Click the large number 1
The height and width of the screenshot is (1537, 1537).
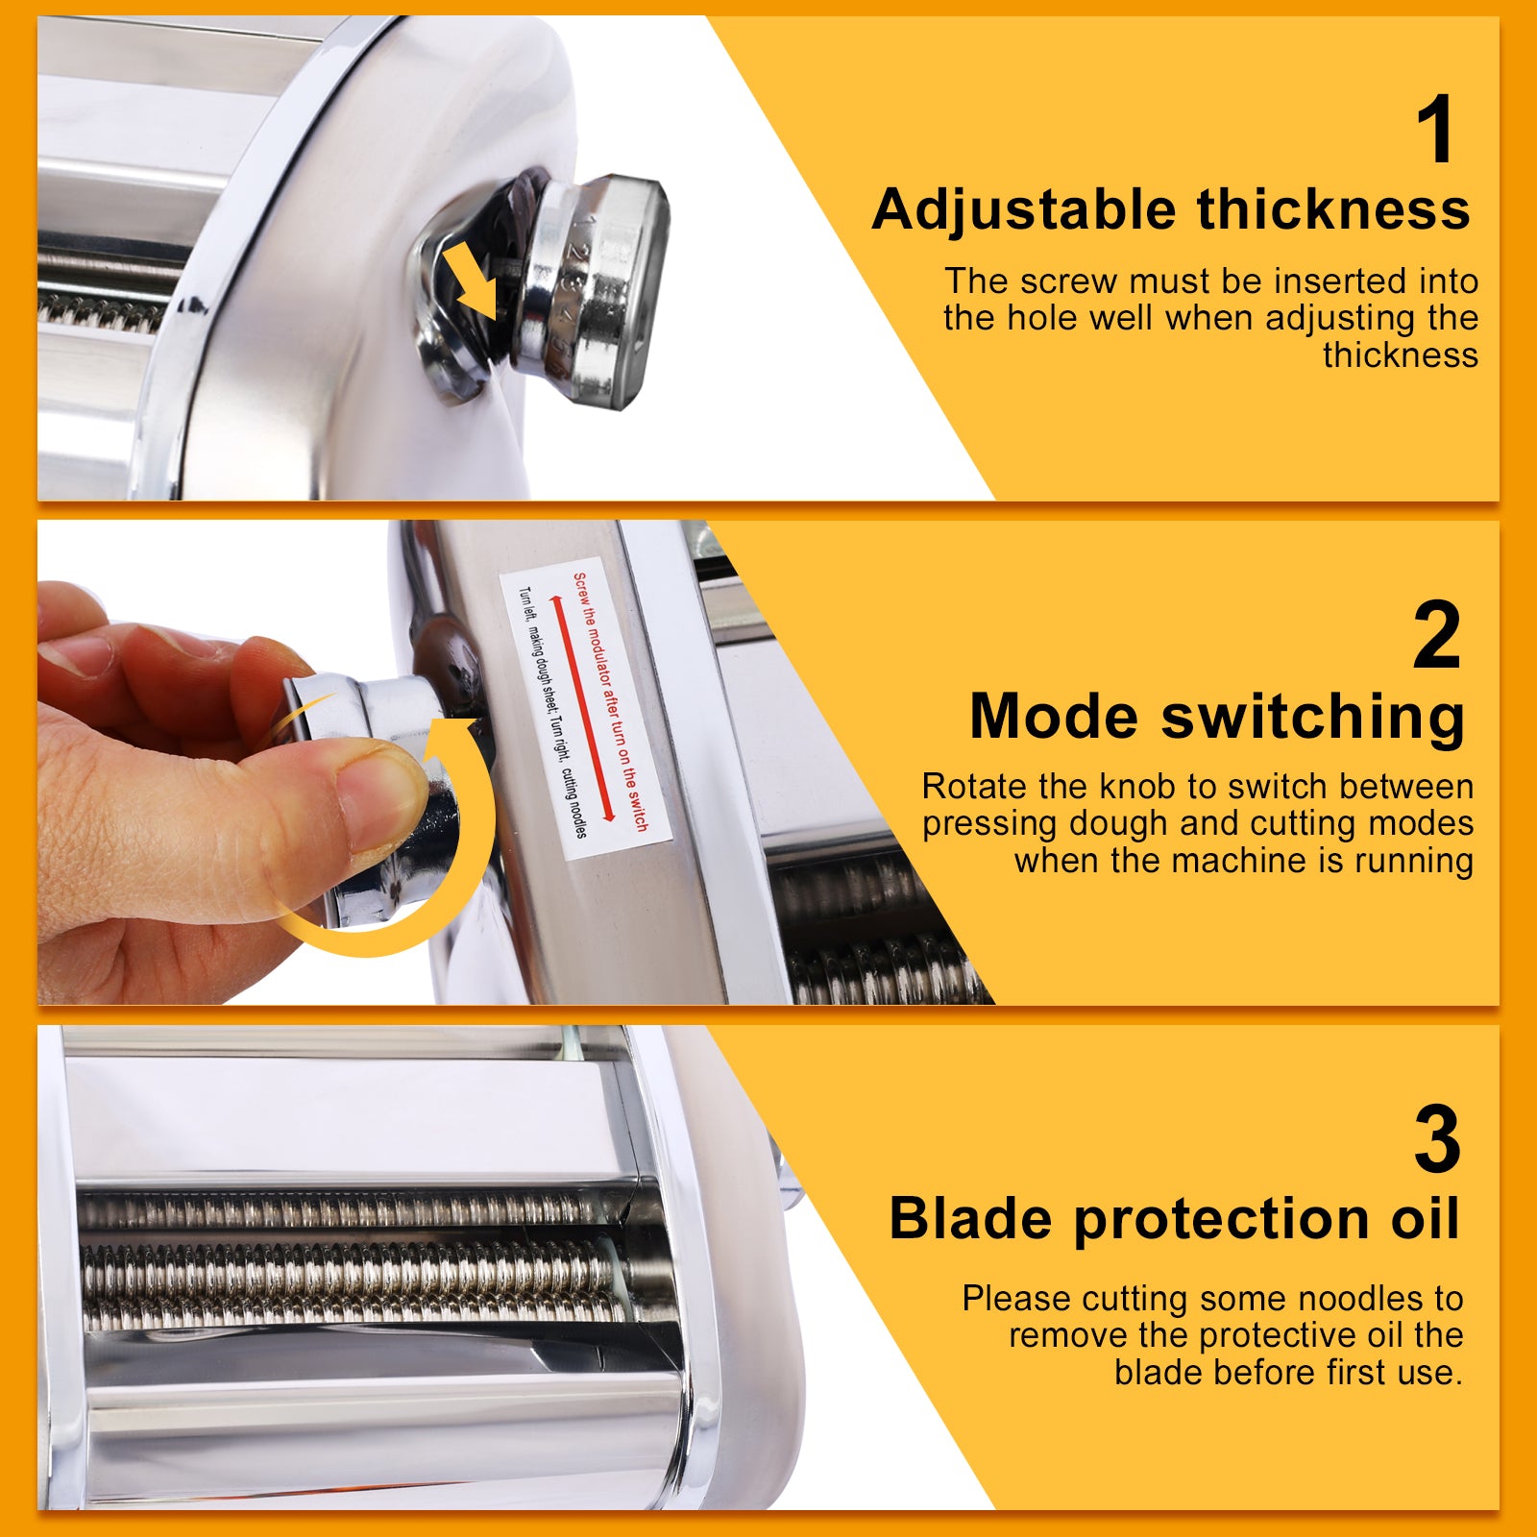coord(1437,131)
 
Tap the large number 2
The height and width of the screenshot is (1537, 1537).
coord(1436,635)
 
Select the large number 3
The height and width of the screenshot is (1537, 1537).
coord(1436,1140)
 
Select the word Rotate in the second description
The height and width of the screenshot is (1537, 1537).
coord(975,787)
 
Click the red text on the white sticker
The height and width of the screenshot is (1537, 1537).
coord(611,701)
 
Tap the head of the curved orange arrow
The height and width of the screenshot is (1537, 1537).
coord(451,740)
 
